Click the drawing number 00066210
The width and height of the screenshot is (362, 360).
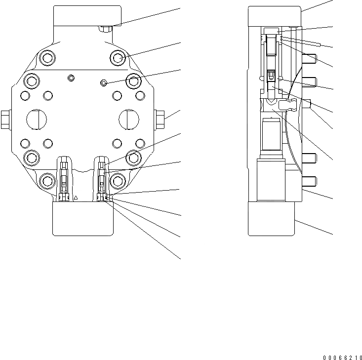(342, 357)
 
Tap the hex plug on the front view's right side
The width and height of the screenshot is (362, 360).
(160, 118)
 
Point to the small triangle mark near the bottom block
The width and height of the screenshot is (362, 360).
(76, 198)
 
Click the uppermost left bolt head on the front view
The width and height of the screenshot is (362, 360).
(46, 59)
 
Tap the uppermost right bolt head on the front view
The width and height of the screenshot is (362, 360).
(119, 59)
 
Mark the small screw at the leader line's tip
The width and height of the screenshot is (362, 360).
(103, 82)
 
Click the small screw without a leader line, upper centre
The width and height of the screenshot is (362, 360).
(71, 78)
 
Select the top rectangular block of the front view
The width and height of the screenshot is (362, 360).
(87, 16)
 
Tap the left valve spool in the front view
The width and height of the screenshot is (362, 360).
(64, 178)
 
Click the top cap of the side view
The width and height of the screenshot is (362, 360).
(275, 16)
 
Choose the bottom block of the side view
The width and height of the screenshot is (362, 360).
(271, 219)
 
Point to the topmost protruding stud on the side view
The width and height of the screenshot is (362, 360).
(310, 59)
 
